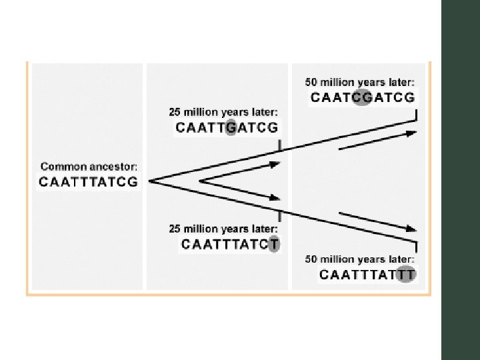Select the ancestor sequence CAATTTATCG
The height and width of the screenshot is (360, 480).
(89, 181)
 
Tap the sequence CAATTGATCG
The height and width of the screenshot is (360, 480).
(227, 127)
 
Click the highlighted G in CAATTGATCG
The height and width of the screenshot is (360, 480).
(231, 127)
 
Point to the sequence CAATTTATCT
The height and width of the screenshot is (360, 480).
(231, 244)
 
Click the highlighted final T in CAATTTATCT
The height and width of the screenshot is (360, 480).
(274, 244)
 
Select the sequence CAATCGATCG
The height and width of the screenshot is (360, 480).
(363, 98)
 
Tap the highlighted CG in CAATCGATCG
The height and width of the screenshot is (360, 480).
(362, 98)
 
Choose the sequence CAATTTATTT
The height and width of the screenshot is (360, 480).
(367, 274)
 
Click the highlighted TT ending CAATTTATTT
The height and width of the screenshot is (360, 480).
(405, 274)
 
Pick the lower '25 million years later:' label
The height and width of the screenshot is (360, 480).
(223, 228)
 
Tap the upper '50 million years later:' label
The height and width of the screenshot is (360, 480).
(360, 83)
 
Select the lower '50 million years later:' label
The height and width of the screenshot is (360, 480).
(360, 259)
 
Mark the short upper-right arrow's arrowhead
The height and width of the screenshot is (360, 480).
(411, 133)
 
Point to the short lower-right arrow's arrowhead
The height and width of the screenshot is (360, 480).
(411, 229)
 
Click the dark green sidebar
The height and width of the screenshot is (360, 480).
(460, 180)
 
